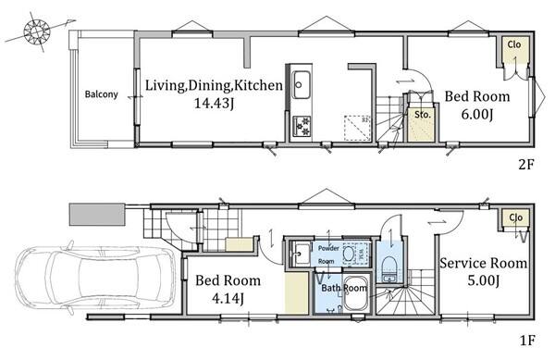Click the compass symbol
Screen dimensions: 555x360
[x=37, y=31]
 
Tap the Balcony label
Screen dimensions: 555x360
[x=101, y=94]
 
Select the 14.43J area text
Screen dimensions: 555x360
[x=214, y=104]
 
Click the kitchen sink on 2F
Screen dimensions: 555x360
[x=301, y=84]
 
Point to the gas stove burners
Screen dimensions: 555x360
[x=302, y=127]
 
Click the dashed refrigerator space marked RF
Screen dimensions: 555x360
[x=357, y=128]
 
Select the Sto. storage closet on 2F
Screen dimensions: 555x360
[x=421, y=123]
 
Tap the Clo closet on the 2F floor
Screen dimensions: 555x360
[x=514, y=49]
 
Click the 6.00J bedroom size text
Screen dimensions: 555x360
[x=477, y=115]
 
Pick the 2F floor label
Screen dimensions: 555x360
[x=525, y=164]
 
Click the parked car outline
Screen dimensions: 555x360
[x=95, y=279]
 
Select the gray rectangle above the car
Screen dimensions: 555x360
[x=97, y=214]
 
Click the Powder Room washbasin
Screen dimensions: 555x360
[x=301, y=253]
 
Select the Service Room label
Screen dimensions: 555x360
[x=483, y=264]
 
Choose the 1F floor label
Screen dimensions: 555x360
[x=526, y=341]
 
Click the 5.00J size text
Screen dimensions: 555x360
[x=484, y=281]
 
